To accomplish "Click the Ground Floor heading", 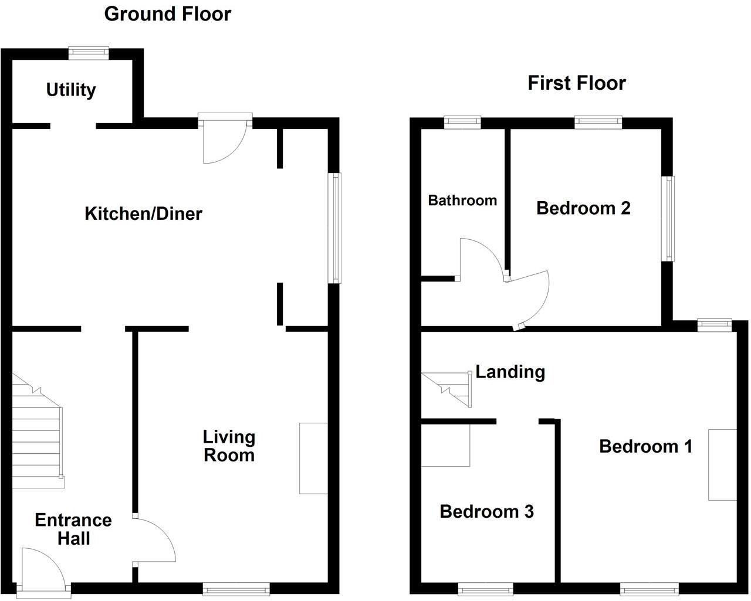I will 167,13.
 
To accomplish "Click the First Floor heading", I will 576,83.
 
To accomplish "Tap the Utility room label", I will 71,90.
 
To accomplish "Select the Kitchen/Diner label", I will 143,213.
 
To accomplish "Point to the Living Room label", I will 229,446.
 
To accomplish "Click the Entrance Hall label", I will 73,529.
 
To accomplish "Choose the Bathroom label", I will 462,201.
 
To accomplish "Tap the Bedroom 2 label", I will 583,208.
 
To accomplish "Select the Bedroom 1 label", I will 645,446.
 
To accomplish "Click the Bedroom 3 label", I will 486,511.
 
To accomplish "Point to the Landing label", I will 510,372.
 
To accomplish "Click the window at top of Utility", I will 89,53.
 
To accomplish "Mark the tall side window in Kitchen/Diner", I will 334,228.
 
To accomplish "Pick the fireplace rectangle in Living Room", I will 313,458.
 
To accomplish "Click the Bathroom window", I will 462,122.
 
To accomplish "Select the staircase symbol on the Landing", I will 449,389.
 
